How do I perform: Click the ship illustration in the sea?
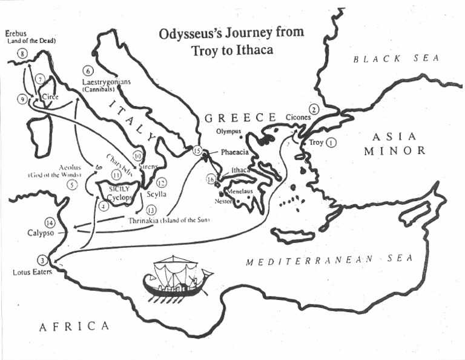point(175,279)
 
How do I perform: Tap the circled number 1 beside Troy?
point(331,143)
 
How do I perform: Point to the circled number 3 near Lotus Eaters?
point(42,260)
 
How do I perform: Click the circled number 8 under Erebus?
point(23,55)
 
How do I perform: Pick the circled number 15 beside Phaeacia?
point(196,150)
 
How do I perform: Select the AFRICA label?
point(74,327)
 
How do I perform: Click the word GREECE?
point(241,117)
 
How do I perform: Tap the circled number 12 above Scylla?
point(160,182)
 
